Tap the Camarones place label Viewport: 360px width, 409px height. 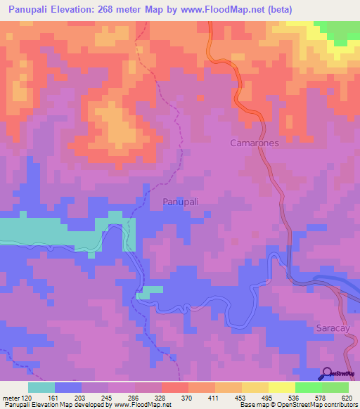tap(255, 143)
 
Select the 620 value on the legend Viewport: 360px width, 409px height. tap(348, 398)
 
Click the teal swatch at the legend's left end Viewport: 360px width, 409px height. tap(41, 387)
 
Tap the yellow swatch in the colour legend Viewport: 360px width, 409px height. tap(282, 387)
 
